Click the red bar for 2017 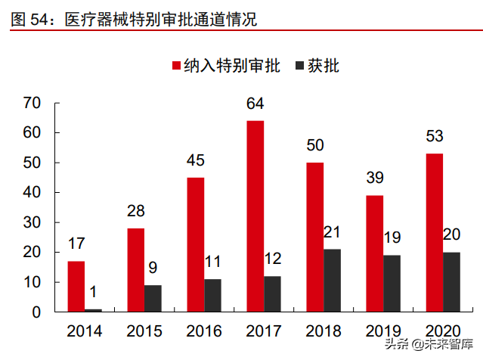[x=255, y=216]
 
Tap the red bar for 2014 [x=76, y=287]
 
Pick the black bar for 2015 [x=153, y=298]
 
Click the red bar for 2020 [x=434, y=233]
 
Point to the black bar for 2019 [x=392, y=284]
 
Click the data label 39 [x=374, y=178]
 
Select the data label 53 [x=434, y=137]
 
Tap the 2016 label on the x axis [x=204, y=331]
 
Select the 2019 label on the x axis [x=383, y=331]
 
